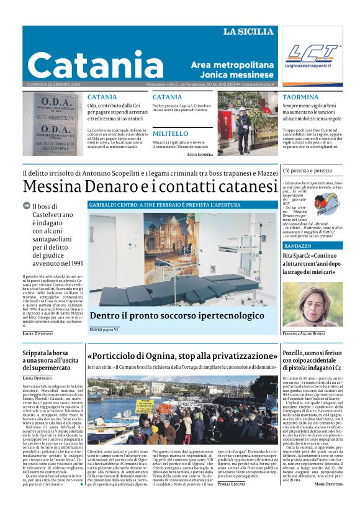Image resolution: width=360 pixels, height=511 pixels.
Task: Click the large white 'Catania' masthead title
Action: tap(95, 65)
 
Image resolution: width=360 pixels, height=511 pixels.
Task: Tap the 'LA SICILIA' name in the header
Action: tap(248, 32)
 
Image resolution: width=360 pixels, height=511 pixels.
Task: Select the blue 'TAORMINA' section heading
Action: tap(300, 97)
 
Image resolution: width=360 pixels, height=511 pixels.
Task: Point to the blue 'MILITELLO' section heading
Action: tap(170, 133)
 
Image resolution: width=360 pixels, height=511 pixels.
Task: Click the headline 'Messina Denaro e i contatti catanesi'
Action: tap(150, 186)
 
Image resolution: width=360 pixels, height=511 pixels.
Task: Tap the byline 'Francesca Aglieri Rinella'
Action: tap(312, 333)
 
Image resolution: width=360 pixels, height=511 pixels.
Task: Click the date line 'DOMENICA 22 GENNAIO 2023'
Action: tap(53, 84)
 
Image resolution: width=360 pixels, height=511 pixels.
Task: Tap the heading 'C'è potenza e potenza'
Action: tap(307, 170)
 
